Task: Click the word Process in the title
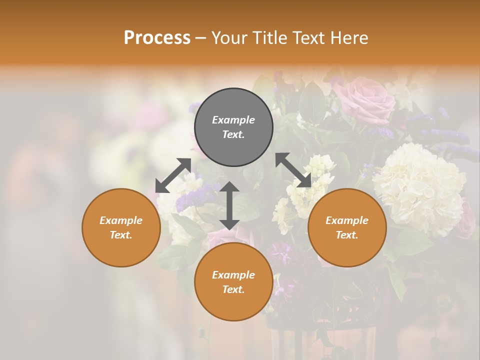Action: click(x=157, y=38)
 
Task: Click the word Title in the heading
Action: click(x=269, y=38)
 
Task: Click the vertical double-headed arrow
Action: click(x=229, y=206)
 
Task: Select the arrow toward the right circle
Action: click(x=293, y=170)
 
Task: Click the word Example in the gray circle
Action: click(x=233, y=120)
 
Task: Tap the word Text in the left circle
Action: click(x=121, y=235)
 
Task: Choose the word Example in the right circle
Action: click(x=347, y=220)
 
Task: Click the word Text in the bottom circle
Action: click(x=233, y=289)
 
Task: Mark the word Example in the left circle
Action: click(x=121, y=220)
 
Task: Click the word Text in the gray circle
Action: click(x=233, y=134)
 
